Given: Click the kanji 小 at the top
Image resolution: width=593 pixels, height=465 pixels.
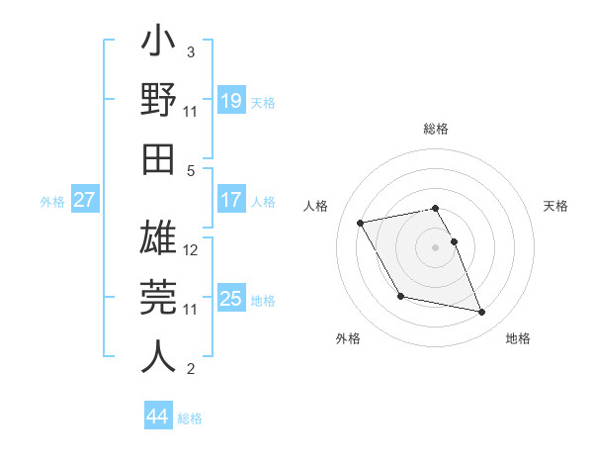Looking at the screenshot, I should click(158, 46).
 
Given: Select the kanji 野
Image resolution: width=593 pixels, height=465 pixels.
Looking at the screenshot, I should click(158, 100).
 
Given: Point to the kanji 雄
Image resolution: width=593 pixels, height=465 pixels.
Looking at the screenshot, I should click(158, 238).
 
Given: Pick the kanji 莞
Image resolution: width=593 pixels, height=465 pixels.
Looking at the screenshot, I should click(158, 297).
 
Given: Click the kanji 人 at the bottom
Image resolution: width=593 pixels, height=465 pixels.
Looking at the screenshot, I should click(158, 355).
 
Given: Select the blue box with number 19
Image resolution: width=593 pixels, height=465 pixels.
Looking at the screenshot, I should click(231, 100).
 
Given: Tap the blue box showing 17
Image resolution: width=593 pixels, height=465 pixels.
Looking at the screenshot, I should click(231, 200).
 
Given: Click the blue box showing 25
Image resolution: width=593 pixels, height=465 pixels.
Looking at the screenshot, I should click(231, 299).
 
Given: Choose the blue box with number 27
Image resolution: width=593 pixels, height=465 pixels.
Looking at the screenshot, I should click(85, 200).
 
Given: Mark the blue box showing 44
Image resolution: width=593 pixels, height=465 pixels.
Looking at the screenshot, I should click(158, 417).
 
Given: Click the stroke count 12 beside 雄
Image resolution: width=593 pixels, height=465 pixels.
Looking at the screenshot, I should click(192, 249).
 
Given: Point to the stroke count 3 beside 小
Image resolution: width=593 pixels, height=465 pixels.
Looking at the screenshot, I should click(191, 51).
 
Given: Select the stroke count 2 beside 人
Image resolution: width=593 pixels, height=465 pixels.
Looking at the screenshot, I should click(191, 370).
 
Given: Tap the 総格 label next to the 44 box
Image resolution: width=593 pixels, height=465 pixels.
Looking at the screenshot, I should click(190, 418).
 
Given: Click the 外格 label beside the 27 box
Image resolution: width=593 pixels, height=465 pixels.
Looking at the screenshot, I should click(52, 202).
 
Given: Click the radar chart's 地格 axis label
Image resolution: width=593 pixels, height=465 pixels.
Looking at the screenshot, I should click(518, 339).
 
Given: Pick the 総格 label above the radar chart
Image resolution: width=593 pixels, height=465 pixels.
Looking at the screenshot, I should click(435, 129).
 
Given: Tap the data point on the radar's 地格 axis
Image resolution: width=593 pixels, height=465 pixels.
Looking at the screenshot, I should click(482, 313).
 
